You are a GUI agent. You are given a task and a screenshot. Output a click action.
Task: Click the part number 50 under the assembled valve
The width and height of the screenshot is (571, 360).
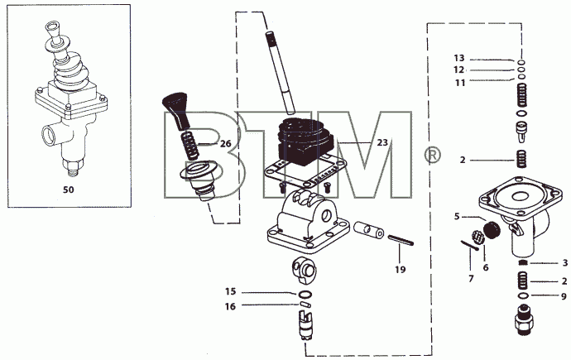(x=69, y=190)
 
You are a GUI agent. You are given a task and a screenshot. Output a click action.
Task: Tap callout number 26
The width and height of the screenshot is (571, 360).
(x=226, y=144)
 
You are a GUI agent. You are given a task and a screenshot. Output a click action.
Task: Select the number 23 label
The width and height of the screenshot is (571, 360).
(x=382, y=142)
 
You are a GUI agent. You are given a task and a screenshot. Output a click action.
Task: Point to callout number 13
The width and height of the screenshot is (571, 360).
(x=459, y=58)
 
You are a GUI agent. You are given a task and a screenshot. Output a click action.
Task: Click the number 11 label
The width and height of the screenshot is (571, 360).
(x=460, y=83)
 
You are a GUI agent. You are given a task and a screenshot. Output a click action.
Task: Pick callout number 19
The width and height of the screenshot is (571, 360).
(x=401, y=270)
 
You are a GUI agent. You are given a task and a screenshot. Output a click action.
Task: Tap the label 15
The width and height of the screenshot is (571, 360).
(x=231, y=291)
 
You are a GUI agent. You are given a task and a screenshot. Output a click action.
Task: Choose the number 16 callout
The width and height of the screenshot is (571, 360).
(x=230, y=306)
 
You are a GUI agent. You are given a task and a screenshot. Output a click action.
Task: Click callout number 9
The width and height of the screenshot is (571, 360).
(x=564, y=296)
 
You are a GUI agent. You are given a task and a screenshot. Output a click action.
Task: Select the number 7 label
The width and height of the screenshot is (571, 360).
(x=471, y=279)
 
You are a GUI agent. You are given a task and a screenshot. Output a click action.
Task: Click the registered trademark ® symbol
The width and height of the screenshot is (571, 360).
(x=432, y=156)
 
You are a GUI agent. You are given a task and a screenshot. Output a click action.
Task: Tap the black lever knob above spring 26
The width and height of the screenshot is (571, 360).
(x=176, y=111)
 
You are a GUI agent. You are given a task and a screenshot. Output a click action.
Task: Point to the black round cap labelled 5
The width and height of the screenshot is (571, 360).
(x=492, y=230)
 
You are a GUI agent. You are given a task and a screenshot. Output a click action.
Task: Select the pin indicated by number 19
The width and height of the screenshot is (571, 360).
(x=401, y=240)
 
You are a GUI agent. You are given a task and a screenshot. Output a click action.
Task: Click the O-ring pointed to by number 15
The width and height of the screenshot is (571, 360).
(x=305, y=294)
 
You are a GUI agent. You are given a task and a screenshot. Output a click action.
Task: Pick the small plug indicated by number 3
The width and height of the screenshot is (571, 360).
(x=523, y=263)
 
